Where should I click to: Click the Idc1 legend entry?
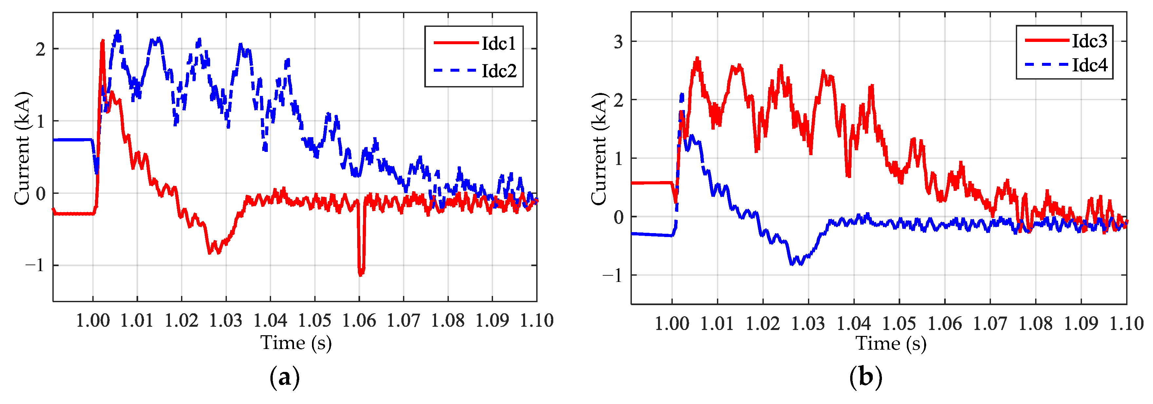pyautogui.click(x=498, y=44)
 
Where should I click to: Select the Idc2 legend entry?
pyautogui.click(x=498, y=71)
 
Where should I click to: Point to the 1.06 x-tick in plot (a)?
pyautogui.click(x=359, y=320)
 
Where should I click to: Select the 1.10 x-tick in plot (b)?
pyautogui.click(x=1126, y=323)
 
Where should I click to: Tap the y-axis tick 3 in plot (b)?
pyautogui.click(x=618, y=42)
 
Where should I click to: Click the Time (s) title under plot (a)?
pyautogui.click(x=296, y=343)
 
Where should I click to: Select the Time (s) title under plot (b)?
pyautogui.click(x=891, y=344)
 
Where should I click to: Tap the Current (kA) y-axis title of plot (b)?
pyautogui.click(x=598, y=149)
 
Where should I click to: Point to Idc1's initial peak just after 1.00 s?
pyautogui.click(x=102, y=42)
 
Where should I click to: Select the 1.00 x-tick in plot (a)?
pyautogui.click(x=93, y=320)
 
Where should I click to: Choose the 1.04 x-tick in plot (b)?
pyautogui.click(x=853, y=323)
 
